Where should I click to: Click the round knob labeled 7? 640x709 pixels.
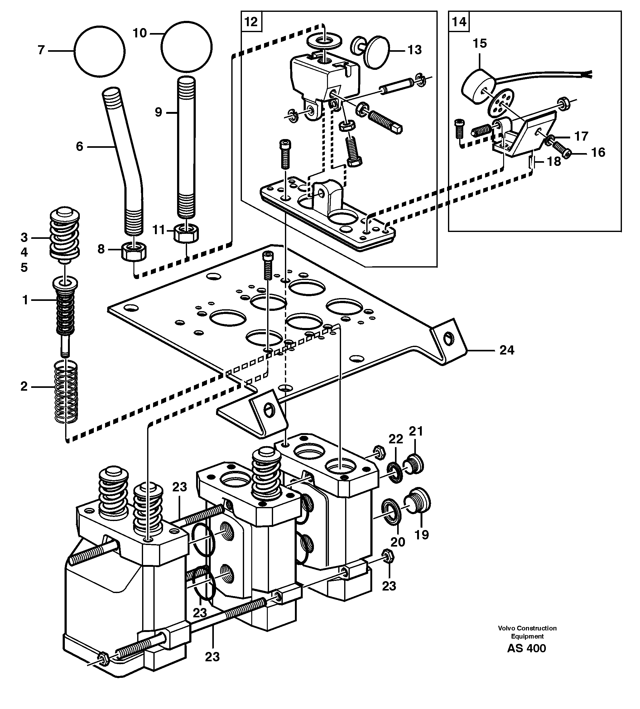tap(100, 51)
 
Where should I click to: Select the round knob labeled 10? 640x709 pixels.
tap(187, 47)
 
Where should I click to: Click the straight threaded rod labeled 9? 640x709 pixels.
tap(186, 148)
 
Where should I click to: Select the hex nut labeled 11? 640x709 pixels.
tap(186, 233)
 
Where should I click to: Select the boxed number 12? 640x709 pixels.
tap(251, 22)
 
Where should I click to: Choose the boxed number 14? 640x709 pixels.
tap(459, 22)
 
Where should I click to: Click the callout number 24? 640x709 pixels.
tap(507, 350)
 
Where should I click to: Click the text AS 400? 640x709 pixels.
tap(526, 648)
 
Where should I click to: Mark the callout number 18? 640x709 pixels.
tap(554, 162)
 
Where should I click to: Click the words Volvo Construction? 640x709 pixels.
tap(527, 628)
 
